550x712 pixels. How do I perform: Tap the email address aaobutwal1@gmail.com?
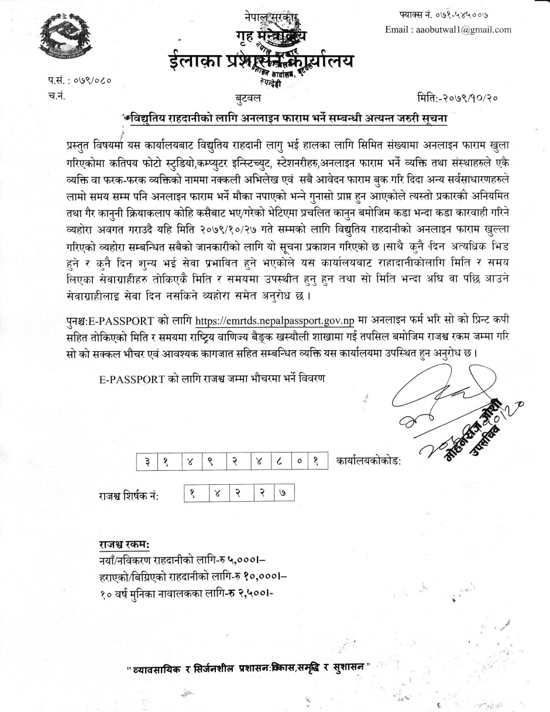click(x=448, y=29)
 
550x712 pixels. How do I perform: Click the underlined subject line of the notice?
click(x=287, y=118)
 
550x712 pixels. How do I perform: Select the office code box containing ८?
click(x=283, y=462)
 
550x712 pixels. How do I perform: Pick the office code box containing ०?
click(x=300, y=462)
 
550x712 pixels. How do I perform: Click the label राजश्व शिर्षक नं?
click(x=129, y=496)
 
